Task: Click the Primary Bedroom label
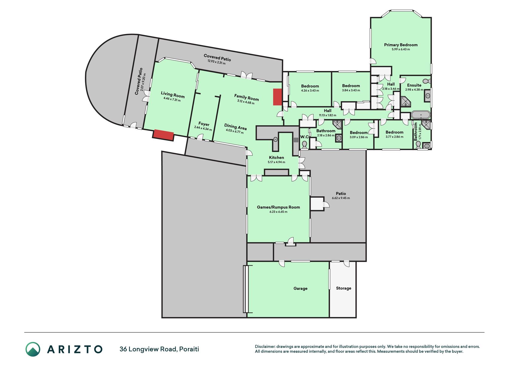point(401,45)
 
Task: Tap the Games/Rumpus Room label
point(278,207)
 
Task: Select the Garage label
point(300,288)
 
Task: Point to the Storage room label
point(344,288)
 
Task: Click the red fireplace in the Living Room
point(163,135)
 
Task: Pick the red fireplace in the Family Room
point(278,97)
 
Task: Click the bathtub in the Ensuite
point(421,115)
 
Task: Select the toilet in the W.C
point(304,145)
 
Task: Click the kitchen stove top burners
point(296,140)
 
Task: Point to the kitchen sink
point(275,139)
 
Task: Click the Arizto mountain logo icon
point(33,349)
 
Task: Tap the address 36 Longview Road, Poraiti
point(159,349)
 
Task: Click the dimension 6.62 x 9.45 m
point(341,198)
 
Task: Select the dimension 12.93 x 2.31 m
point(217,61)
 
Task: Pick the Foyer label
point(204,124)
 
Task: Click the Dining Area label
point(236,127)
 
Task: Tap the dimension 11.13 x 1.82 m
point(327,115)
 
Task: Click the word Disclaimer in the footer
point(265,346)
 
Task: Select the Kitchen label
point(276,158)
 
